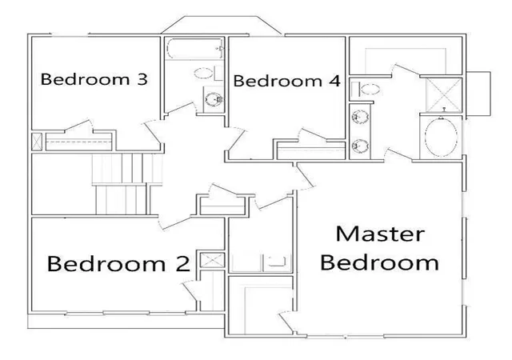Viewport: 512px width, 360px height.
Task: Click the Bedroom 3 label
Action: pyautogui.click(x=94, y=79)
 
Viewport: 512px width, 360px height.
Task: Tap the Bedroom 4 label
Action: pyautogui.click(x=287, y=81)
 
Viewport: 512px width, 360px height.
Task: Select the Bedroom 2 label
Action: pyautogui.click(x=118, y=263)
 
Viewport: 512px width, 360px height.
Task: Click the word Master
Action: pyautogui.click(x=380, y=234)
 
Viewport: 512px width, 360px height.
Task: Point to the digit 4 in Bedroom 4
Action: pyautogui.click(x=335, y=81)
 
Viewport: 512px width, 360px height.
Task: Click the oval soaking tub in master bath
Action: pyautogui.click(x=441, y=137)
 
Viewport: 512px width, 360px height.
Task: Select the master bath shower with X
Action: pyautogui.click(x=444, y=94)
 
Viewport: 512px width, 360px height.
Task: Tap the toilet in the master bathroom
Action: pyautogui.click(x=366, y=89)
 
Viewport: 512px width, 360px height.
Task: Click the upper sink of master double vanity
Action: pyautogui.click(x=360, y=117)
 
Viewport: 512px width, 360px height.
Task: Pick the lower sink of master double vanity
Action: pyautogui.click(x=360, y=146)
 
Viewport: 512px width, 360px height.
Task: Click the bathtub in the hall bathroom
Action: pyautogui.click(x=194, y=49)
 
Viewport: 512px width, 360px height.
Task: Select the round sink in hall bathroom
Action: pyautogui.click(x=214, y=99)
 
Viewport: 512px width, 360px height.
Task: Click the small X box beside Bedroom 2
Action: pyautogui.click(x=212, y=260)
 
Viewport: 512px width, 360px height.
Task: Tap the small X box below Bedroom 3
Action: pyautogui.click(x=37, y=142)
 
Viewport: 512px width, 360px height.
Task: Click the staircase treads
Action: pyautogui.click(x=126, y=184)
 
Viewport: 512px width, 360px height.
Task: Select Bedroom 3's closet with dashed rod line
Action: pyautogui.click(x=78, y=142)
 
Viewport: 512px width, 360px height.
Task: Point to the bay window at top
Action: pyautogui.click(x=222, y=25)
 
